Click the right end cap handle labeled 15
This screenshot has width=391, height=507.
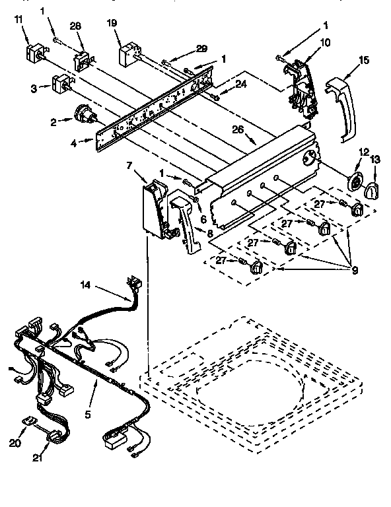341,109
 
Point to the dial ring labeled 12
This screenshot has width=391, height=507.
355,184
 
